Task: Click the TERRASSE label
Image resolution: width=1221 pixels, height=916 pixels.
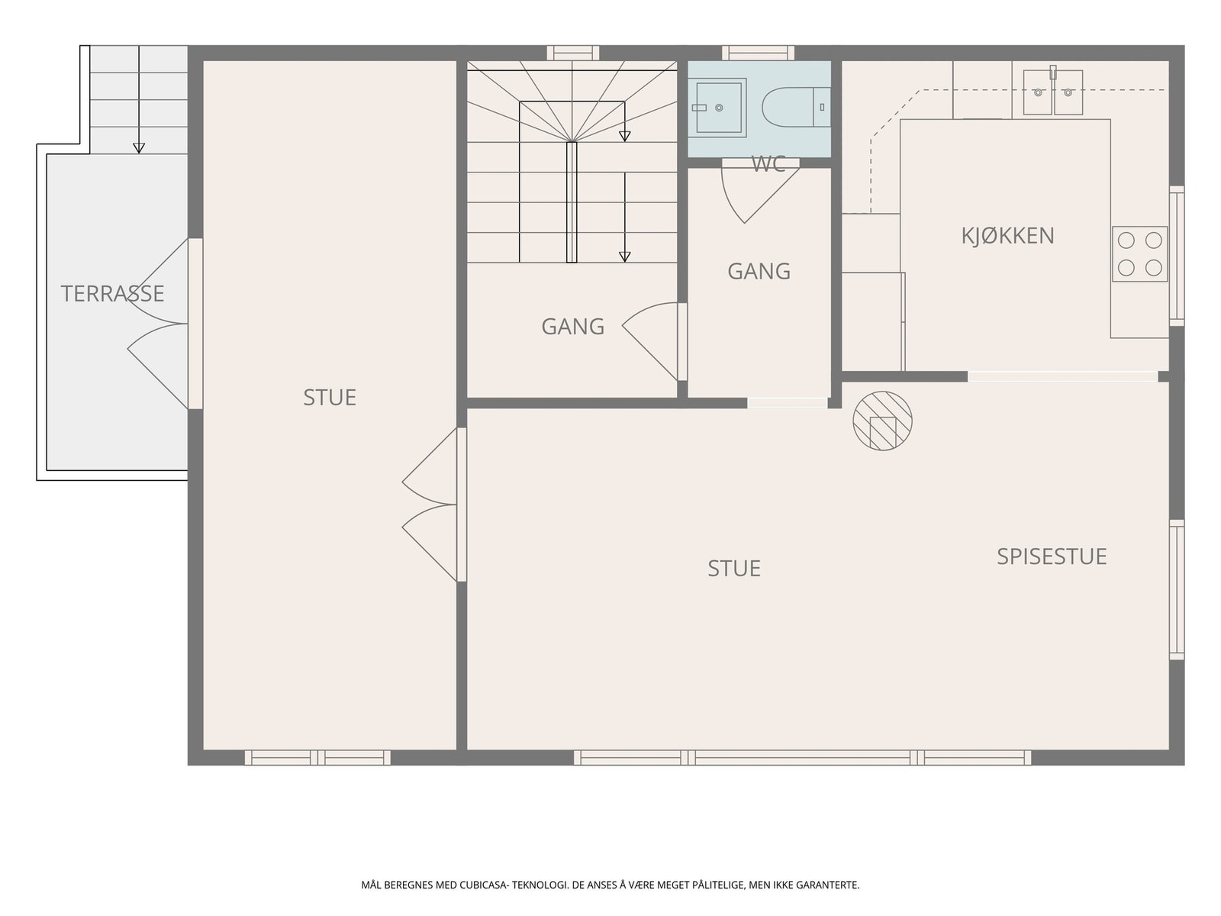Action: tap(112, 294)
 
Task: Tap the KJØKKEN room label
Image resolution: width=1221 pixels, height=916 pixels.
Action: tap(1007, 236)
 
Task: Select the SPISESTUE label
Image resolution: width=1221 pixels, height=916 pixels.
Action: tap(1052, 556)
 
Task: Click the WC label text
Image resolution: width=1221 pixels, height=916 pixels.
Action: tap(768, 165)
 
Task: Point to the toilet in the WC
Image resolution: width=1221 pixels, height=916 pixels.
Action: tap(796, 108)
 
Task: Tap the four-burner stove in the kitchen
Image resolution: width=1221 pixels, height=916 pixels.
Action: tap(1140, 254)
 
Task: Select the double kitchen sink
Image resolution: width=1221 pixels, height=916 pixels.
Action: tap(1053, 92)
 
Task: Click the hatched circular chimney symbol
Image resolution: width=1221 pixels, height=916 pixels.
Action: tap(882, 421)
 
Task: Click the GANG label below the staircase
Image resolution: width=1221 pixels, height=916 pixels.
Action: tap(573, 327)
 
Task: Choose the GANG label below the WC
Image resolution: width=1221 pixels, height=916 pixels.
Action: tap(759, 272)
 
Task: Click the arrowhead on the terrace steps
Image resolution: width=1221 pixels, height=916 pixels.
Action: tap(139, 148)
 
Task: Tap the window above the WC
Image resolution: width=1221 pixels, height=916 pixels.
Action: tap(759, 53)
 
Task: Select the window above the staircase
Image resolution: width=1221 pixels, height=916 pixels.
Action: tap(573, 53)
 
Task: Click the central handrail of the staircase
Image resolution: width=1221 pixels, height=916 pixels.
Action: tap(572, 202)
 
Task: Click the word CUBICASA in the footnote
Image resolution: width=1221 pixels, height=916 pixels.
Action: tap(484, 885)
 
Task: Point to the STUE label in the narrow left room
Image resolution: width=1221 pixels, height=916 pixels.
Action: tap(330, 398)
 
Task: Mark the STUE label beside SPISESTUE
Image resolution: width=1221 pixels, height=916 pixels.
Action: tap(734, 569)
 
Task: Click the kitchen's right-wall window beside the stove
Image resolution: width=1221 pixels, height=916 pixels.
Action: tap(1177, 256)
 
